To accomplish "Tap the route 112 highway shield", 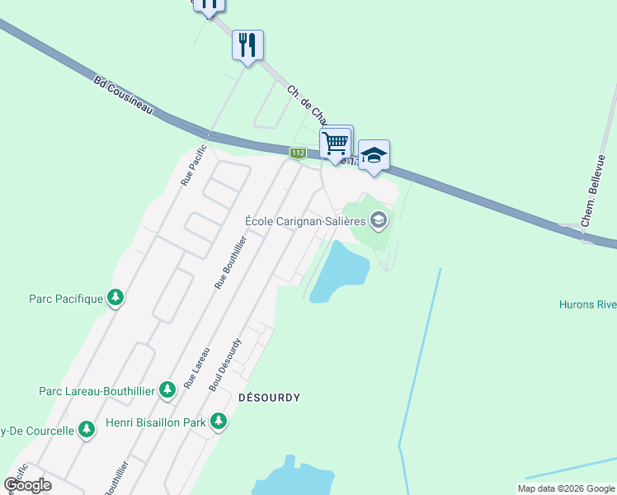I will click(x=298, y=153).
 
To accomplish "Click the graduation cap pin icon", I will click(x=374, y=156).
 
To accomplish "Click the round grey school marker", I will click(x=379, y=219).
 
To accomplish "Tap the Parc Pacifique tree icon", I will click(x=115, y=298).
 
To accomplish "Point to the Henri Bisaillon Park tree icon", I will click(x=219, y=422).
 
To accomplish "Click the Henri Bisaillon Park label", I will click(x=155, y=423).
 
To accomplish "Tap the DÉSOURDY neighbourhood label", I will click(x=269, y=398).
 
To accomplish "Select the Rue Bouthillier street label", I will click(x=230, y=262).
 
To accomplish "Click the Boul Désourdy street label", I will click(x=226, y=364).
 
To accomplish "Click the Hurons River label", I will click(x=586, y=304).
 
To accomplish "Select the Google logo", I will click(x=28, y=485).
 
